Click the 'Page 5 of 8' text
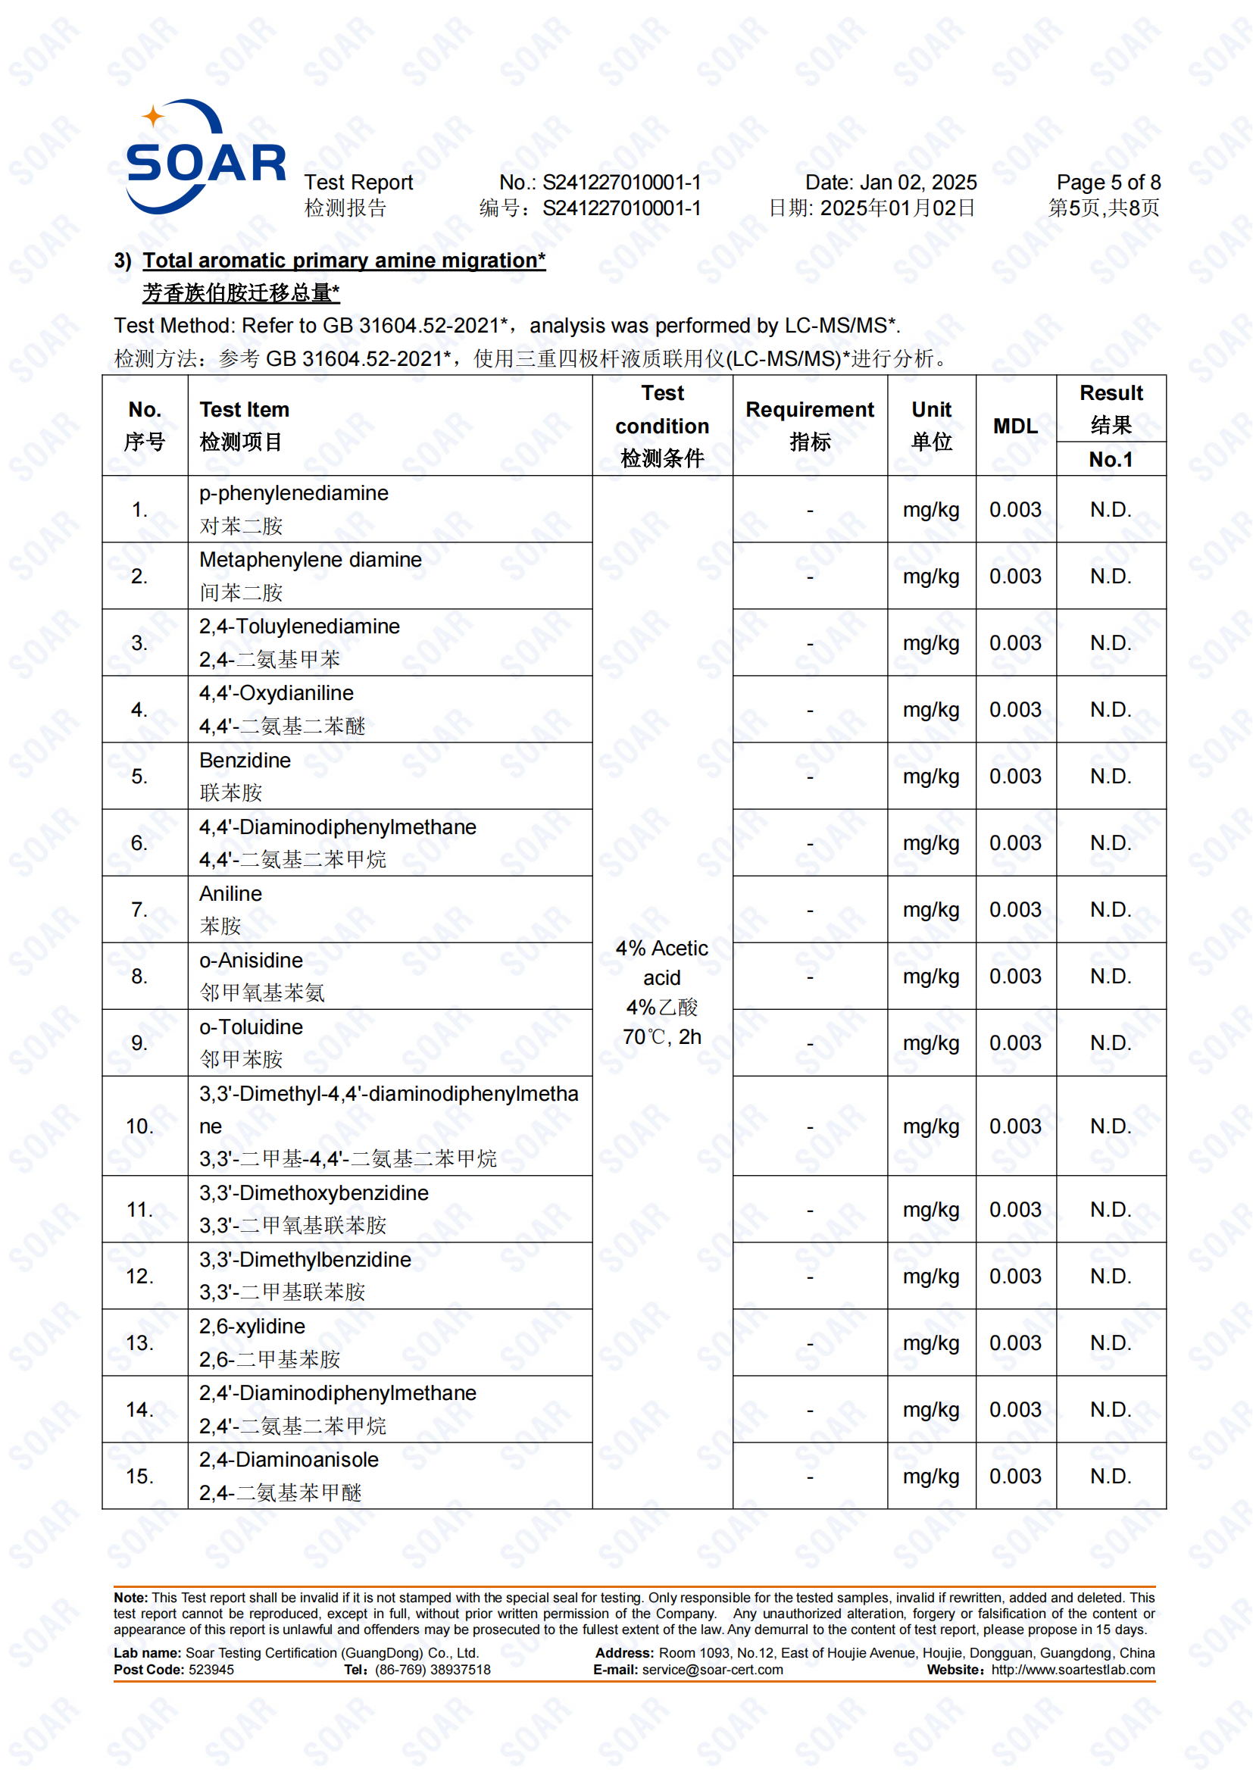click(x=1108, y=183)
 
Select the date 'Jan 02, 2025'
click(x=918, y=183)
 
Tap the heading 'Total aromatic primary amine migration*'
click(x=343, y=261)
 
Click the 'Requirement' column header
click(x=809, y=410)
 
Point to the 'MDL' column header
click(x=1014, y=426)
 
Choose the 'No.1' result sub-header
click(x=1111, y=460)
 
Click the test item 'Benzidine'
click(x=245, y=760)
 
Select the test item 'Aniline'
click(x=231, y=894)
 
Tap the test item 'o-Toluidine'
click(x=251, y=1027)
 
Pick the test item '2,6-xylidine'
click(x=252, y=1327)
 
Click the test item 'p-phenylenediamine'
click(x=293, y=493)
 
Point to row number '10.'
click(x=139, y=1127)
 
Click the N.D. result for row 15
click(x=1111, y=1477)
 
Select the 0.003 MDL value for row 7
click(x=1014, y=910)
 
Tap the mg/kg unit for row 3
click(x=930, y=643)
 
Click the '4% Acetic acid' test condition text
click(x=661, y=963)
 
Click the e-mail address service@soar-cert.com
click(x=712, y=1670)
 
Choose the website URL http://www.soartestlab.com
click(x=1073, y=1670)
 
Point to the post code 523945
click(x=211, y=1670)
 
